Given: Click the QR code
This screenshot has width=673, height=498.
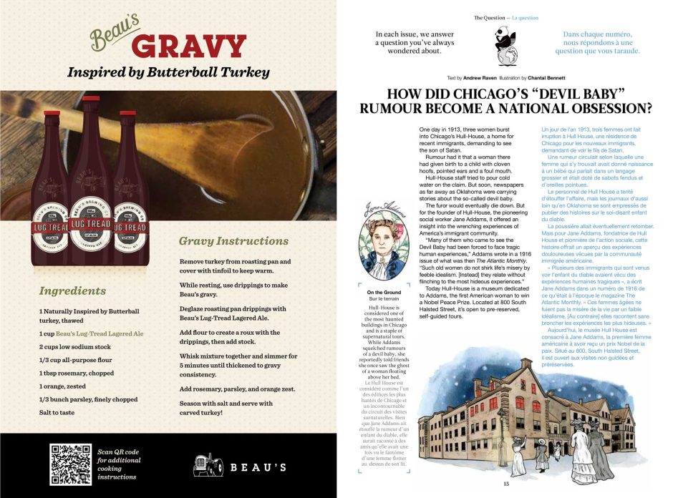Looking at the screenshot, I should click(71, 464).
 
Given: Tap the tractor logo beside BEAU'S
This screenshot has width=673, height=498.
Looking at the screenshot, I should click(208, 465).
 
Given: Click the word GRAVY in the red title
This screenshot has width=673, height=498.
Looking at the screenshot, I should click(189, 47).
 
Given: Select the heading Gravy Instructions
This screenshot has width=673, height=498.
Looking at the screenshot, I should click(233, 241).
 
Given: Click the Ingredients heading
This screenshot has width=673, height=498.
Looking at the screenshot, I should click(72, 291).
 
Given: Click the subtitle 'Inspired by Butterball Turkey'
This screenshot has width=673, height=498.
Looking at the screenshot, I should click(168, 72).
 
